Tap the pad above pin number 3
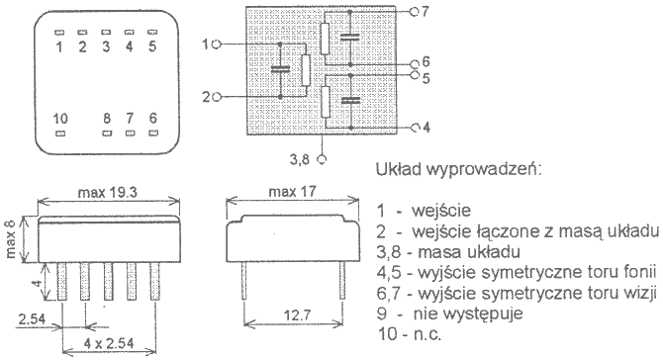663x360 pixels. (106, 32)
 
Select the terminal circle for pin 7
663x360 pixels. (414, 12)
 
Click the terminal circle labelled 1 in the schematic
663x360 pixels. (216, 44)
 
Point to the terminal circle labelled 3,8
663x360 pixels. (322, 159)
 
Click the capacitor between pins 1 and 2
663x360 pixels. (280, 69)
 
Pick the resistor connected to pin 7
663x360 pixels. (325, 39)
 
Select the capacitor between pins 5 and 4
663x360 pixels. (351, 100)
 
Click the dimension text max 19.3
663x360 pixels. (108, 193)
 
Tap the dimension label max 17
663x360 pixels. (293, 192)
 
